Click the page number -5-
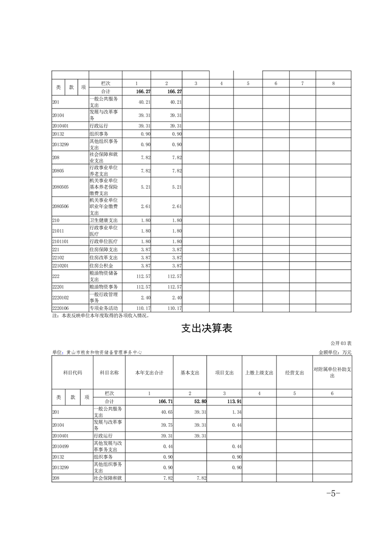click(333, 494)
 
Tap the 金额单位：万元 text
click(335, 352)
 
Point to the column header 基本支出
click(190, 373)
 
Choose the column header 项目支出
click(224, 373)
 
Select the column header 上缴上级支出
click(259, 373)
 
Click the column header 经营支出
click(294, 373)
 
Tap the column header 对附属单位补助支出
click(332, 372)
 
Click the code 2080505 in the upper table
click(60, 187)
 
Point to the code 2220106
click(60, 308)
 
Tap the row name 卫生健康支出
click(103, 220)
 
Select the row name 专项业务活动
click(103, 308)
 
